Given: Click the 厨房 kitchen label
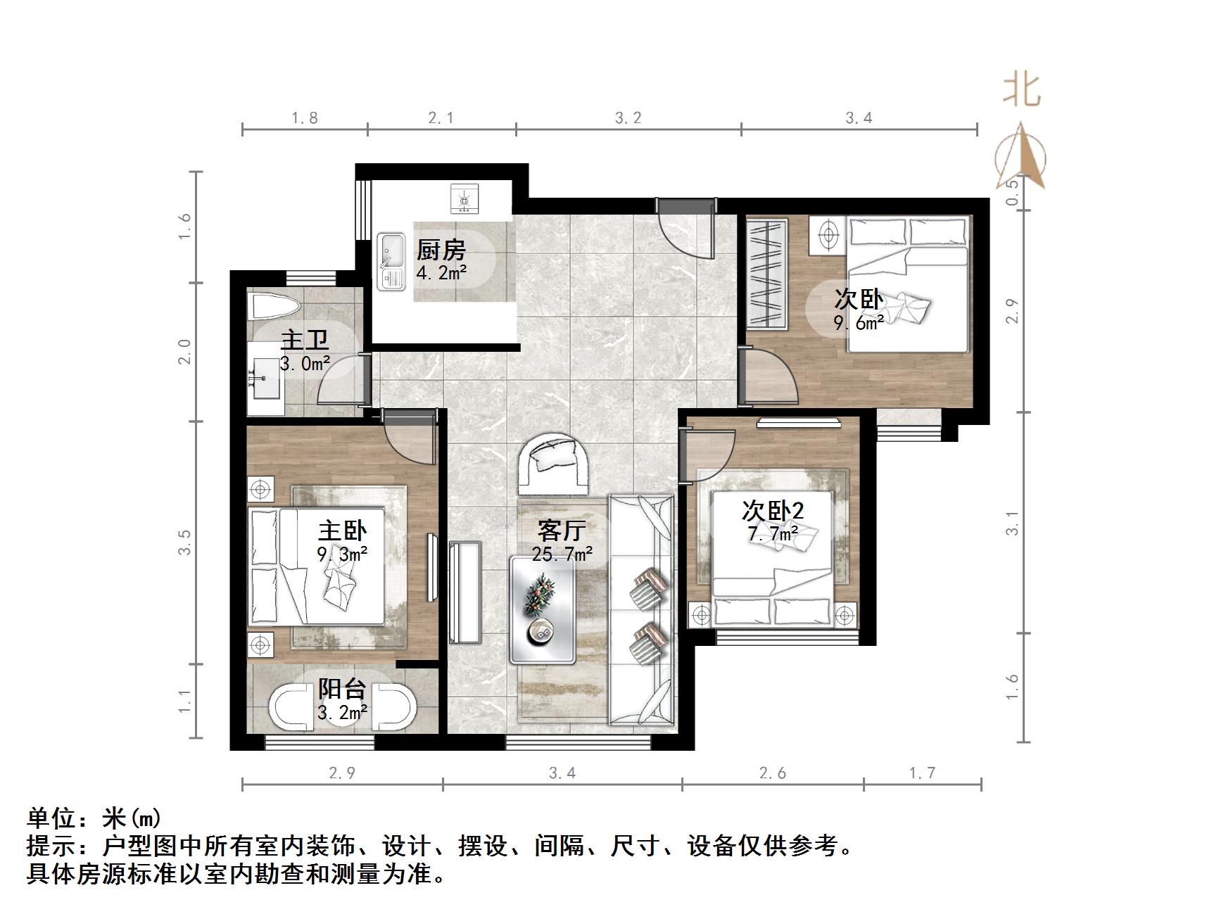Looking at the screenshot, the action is point(441,250).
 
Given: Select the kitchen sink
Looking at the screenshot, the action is point(391,262).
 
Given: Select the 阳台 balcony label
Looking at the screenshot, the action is point(341,689).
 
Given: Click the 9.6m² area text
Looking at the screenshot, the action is point(859,323).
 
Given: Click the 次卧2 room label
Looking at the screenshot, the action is point(773,511).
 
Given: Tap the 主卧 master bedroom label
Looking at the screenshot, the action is point(342,531).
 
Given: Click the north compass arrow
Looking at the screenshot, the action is point(1021,157).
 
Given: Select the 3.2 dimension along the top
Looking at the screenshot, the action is point(628,118).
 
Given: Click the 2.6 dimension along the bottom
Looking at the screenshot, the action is point(773,773).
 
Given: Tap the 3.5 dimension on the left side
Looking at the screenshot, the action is point(184,542).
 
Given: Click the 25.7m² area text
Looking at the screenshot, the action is point(562,554).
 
